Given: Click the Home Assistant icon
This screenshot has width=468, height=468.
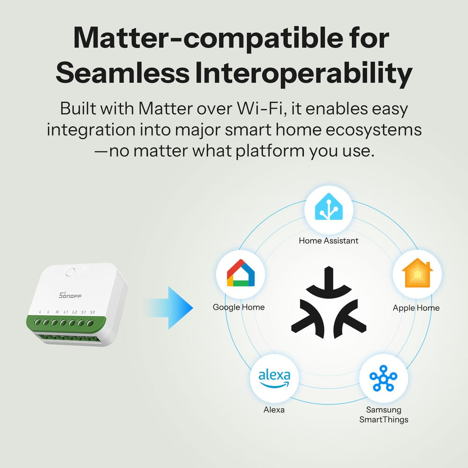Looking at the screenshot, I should [x=328, y=209].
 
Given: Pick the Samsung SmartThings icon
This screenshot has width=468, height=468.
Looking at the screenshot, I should [x=383, y=378].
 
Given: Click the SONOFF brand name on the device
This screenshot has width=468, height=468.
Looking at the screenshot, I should [x=71, y=295].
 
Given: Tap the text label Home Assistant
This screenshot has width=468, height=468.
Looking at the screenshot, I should [x=329, y=241].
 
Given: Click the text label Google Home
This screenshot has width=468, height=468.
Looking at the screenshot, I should [x=239, y=307].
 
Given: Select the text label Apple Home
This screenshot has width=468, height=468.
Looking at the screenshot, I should [x=416, y=307].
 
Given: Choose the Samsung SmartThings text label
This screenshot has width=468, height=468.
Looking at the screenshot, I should [x=384, y=415].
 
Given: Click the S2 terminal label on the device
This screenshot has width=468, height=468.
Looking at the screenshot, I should [x=92, y=312].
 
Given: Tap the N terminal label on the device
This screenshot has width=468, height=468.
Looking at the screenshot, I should [x=57, y=312].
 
